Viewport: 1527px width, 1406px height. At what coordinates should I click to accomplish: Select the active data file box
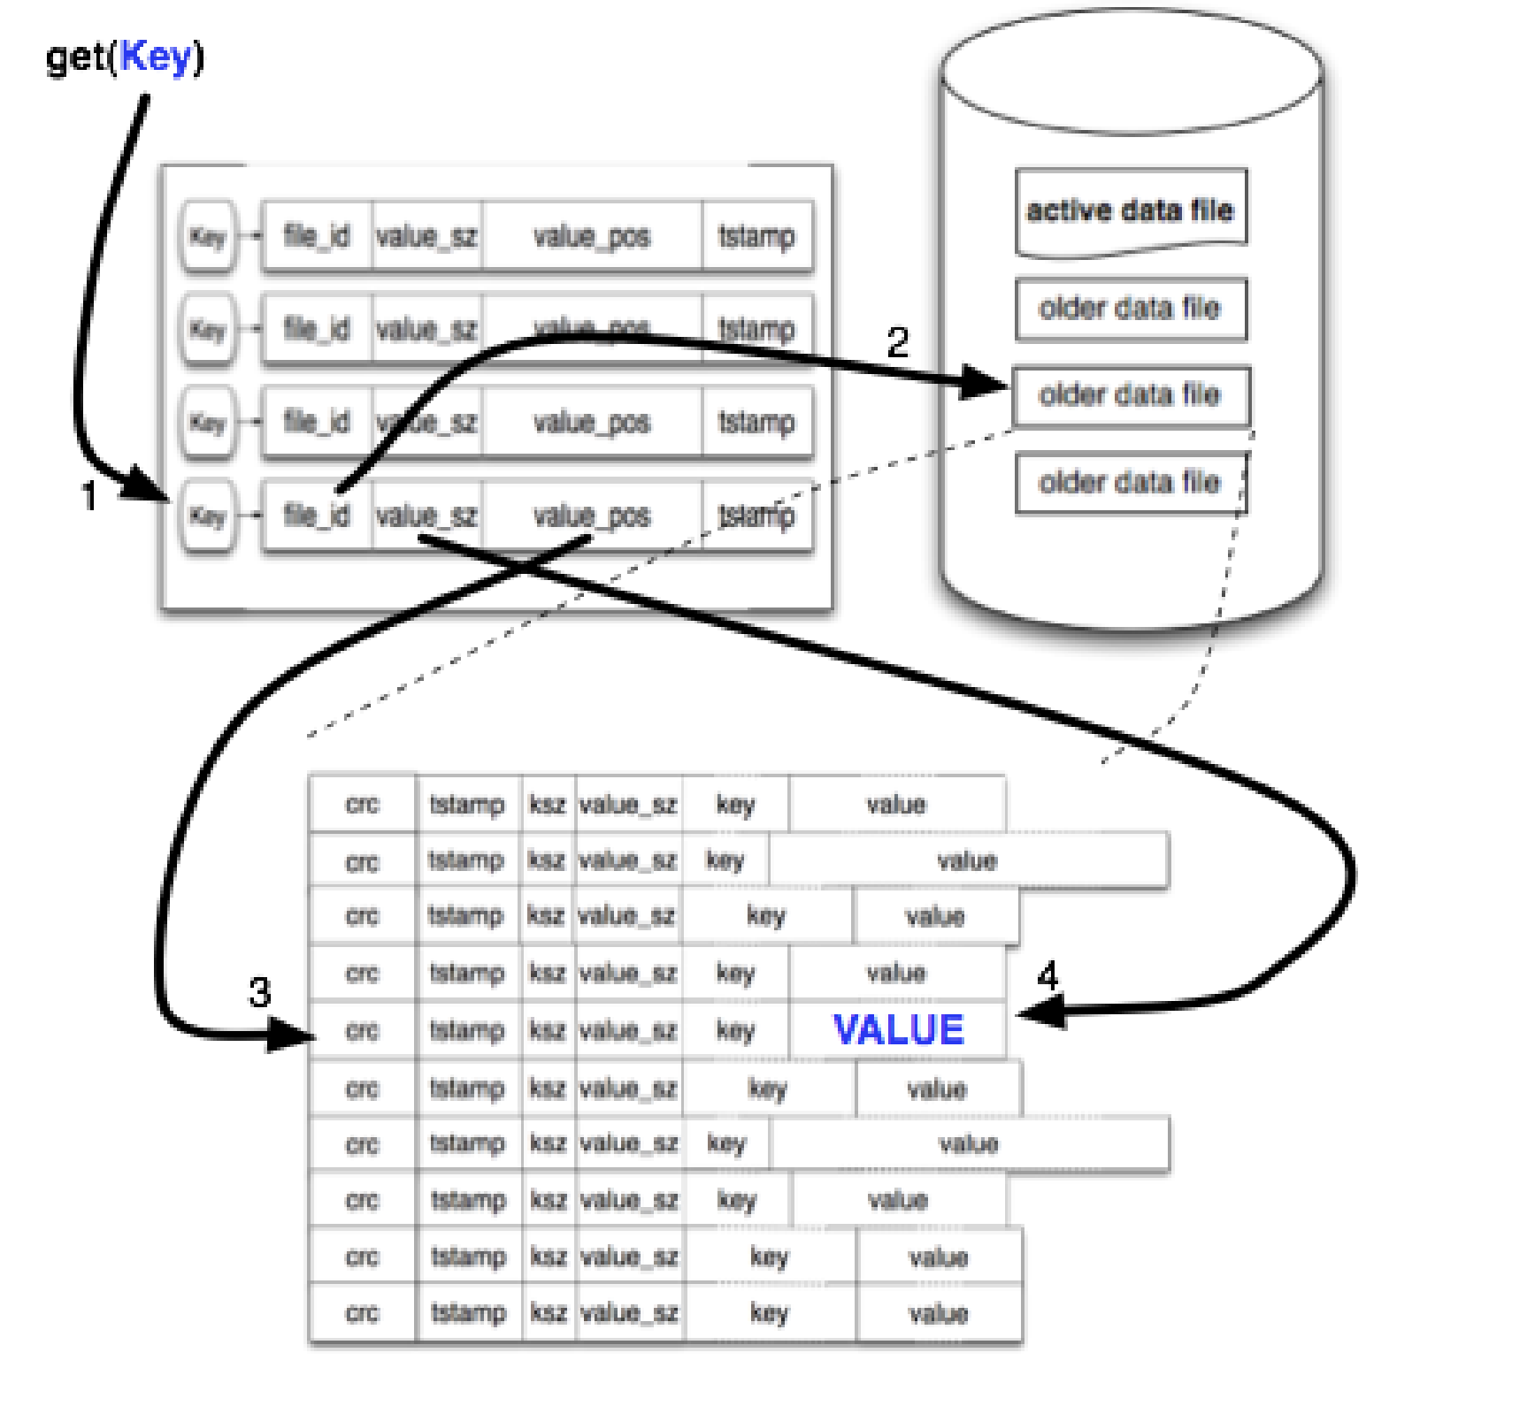[x=1130, y=210]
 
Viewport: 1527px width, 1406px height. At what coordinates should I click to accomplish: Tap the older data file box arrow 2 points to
[x=1130, y=395]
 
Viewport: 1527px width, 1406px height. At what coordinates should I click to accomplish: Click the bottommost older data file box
[x=1130, y=482]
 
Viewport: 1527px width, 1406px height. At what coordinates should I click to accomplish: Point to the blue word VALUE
[x=898, y=1030]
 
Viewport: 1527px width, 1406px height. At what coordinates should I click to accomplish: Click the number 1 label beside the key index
[x=89, y=496]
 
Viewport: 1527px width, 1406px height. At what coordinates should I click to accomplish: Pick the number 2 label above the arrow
[x=897, y=343]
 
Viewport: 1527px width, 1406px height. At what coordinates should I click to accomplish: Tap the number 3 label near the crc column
[x=259, y=992]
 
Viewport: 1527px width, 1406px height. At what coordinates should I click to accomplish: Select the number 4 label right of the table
[x=1047, y=976]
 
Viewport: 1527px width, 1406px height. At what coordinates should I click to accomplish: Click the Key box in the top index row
[x=208, y=236]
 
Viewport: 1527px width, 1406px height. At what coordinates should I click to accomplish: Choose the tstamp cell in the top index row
[x=756, y=236]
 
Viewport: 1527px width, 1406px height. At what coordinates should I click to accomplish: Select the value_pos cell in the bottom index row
[x=591, y=516]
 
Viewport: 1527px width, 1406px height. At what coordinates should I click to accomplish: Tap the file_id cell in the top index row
[x=317, y=236]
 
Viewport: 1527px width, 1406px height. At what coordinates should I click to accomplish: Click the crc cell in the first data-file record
[x=362, y=804]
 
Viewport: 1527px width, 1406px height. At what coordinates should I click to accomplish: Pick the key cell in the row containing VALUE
[x=735, y=1030]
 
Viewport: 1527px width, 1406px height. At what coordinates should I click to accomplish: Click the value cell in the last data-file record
[x=939, y=1314]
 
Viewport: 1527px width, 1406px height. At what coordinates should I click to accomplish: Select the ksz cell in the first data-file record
[x=548, y=804]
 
